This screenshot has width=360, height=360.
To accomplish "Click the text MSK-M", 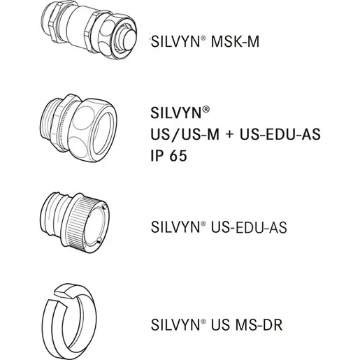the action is click(x=235, y=41).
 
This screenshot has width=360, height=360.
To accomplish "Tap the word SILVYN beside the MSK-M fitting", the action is click(x=175, y=41).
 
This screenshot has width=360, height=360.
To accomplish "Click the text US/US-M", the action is click(x=185, y=134).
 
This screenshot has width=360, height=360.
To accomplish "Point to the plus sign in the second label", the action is click(x=229, y=135).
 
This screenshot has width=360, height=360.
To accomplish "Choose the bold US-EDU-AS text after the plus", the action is click(x=280, y=134).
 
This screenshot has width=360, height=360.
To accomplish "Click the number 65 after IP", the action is click(x=178, y=155).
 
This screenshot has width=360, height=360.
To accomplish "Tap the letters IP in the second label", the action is click(x=157, y=155).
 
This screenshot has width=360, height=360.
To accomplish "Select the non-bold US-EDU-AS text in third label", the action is click(x=249, y=227).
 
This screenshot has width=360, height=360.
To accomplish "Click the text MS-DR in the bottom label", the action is click(x=259, y=324).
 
